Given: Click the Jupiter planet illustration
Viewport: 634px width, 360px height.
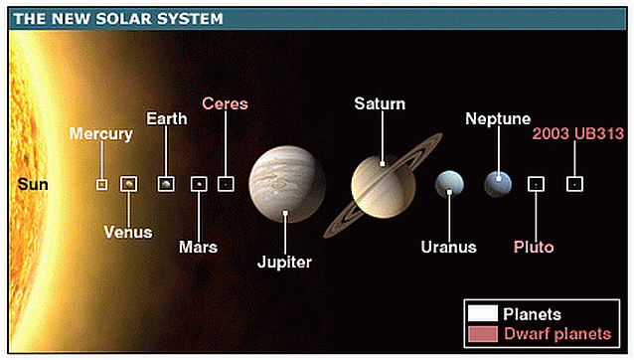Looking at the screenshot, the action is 285,186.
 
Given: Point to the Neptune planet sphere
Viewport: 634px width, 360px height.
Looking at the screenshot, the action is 498,183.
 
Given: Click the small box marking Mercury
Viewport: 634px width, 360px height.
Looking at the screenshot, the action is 101,184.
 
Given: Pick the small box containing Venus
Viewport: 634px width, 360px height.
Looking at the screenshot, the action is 128,184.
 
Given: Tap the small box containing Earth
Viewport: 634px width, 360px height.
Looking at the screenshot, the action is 166,183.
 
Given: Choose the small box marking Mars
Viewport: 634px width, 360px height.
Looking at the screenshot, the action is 199,183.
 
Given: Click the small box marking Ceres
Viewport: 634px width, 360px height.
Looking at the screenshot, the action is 226,183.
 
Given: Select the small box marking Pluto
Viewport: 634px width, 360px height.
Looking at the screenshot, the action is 536,183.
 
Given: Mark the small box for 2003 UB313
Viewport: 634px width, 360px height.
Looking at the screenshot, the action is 573,183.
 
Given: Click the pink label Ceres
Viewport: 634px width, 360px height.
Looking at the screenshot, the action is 225,103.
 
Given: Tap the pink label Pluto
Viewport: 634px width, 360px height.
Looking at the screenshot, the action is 534,247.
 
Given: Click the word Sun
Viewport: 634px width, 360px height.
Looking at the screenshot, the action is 33,184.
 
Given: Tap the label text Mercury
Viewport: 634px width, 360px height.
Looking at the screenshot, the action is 100,134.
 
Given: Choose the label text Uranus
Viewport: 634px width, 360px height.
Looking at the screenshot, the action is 448,247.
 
